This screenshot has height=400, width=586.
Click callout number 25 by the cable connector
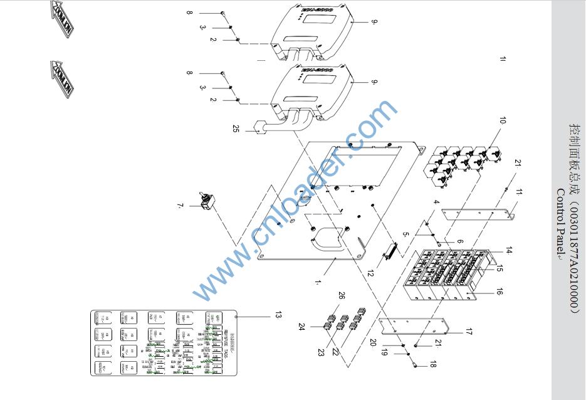pos(236,129)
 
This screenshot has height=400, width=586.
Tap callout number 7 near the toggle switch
pos(180,206)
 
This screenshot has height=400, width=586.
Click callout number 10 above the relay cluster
pos(503,120)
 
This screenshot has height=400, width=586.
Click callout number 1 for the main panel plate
pos(318,282)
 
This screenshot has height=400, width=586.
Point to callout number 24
pos(301,326)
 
